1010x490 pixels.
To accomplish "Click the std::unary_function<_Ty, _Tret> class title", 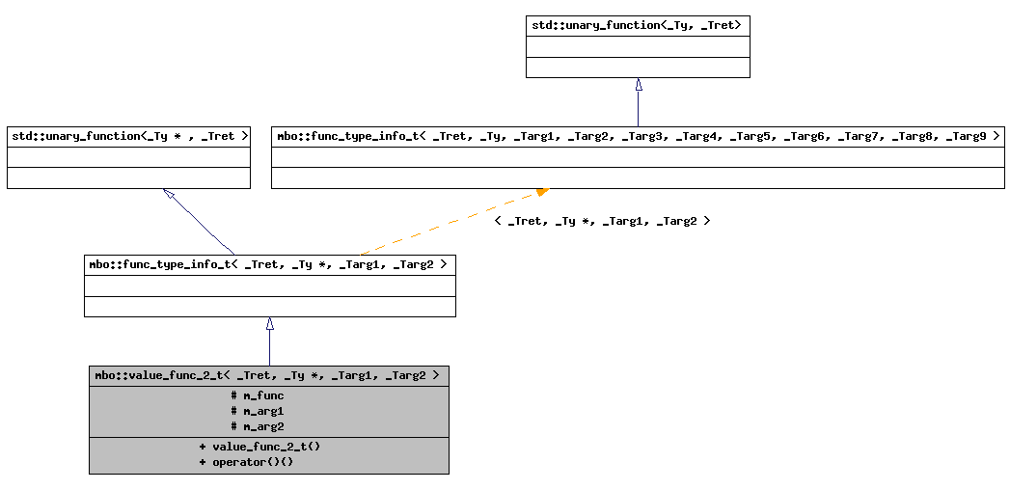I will (637, 25).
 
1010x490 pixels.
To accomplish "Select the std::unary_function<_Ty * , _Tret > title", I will (129, 137).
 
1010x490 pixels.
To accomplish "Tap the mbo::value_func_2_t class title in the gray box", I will (268, 375).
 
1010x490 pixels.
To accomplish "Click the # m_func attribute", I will (258, 395).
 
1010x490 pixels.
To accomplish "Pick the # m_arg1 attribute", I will (258, 411).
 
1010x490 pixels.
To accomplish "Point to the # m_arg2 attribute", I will (258, 426).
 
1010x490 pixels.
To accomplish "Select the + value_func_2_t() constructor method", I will (259, 447).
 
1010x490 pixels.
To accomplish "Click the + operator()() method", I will (246, 462).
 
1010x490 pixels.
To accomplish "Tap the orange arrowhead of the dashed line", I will (542, 192).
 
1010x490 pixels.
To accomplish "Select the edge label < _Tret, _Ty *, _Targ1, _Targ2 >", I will (602, 221).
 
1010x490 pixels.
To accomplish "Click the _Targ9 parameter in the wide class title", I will (966, 137).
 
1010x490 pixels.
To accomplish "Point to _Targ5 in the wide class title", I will (750, 137).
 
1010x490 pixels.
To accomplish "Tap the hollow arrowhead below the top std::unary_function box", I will (638, 85).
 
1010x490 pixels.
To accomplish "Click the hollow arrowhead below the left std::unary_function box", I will (169, 194).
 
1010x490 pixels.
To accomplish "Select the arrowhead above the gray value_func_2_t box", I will (270, 324).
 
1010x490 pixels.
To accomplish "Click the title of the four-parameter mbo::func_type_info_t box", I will (269, 264).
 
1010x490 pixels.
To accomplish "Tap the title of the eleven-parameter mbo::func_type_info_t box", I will (638, 137).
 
